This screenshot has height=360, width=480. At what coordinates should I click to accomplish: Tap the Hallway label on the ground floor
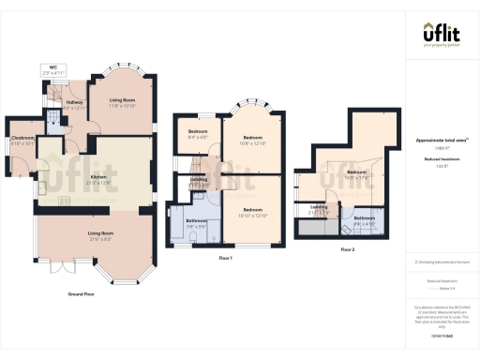(x=74, y=104)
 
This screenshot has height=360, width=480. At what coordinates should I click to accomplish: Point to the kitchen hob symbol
(x=65, y=200)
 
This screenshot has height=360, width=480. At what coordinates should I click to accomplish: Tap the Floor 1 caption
(x=224, y=257)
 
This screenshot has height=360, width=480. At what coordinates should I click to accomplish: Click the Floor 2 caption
(x=347, y=249)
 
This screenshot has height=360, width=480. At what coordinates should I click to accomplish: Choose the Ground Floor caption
(x=83, y=294)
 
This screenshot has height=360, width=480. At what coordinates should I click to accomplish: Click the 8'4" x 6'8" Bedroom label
(x=198, y=134)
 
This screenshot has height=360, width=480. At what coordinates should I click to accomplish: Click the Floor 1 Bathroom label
(x=196, y=223)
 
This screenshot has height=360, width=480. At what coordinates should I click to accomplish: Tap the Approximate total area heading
(x=442, y=141)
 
